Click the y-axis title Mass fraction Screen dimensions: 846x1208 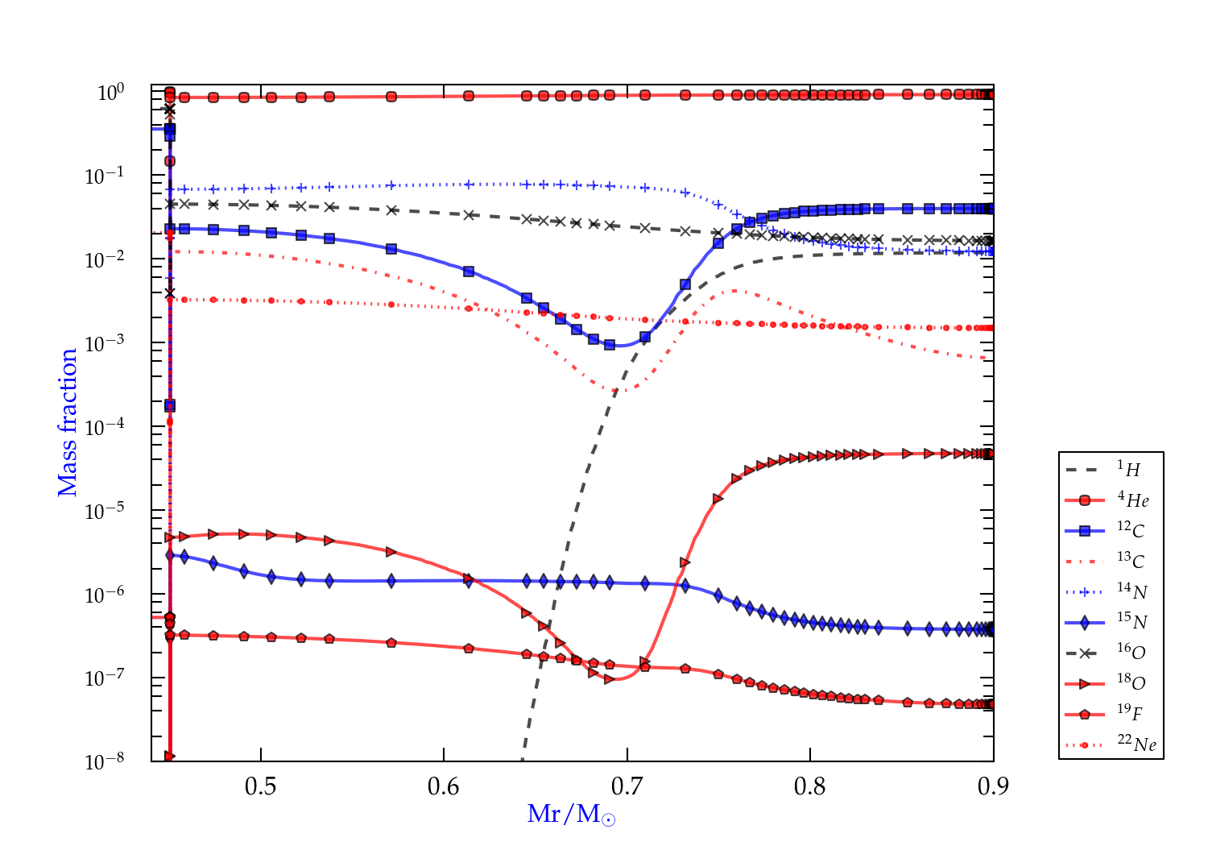tap(68, 422)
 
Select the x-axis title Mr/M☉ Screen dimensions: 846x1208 tap(571, 815)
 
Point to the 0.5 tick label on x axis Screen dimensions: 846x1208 tap(260, 786)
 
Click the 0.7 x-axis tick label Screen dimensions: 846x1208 tap(627, 786)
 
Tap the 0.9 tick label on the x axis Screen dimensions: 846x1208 tap(993, 786)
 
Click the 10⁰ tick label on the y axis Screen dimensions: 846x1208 tap(110, 93)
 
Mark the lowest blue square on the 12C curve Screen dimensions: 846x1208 tap(610, 345)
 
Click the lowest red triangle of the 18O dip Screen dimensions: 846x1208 tap(609, 679)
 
